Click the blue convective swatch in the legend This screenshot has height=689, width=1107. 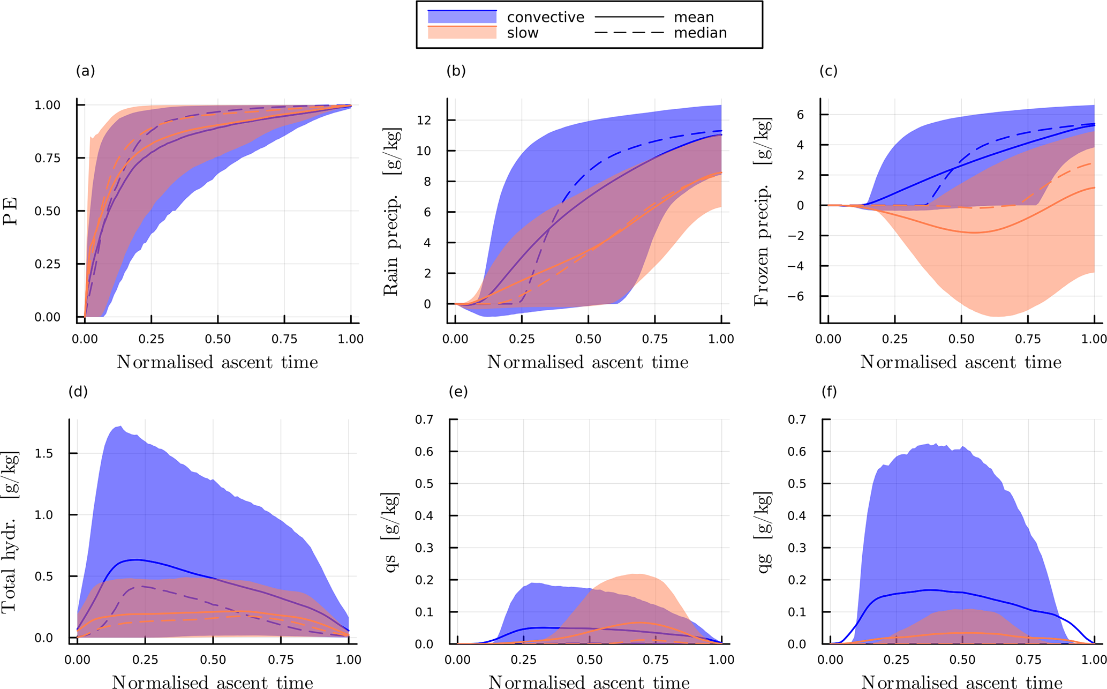click(x=462, y=17)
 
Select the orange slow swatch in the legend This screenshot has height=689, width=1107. click(x=462, y=33)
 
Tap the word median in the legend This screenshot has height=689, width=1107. click(x=700, y=33)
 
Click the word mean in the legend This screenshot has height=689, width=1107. click(x=694, y=17)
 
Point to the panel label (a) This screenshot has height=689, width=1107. click(x=86, y=71)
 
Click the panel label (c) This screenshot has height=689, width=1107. click(x=829, y=71)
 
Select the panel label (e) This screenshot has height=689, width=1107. click(x=458, y=392)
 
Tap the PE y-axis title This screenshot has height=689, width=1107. click(x=11, y=211)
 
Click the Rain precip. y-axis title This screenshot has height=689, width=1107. click(x=391, y=212)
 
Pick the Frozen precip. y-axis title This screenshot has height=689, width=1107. click(x=761, y=212)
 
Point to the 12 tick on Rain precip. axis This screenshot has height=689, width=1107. click(x=424, y=120)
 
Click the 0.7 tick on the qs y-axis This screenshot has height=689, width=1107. click(x=424, y=419)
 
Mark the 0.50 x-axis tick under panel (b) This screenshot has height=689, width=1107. click(x=588, y=339)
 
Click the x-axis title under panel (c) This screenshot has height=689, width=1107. click(x=960, y=363)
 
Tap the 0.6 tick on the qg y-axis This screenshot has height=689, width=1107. click(x=796, y=451)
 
